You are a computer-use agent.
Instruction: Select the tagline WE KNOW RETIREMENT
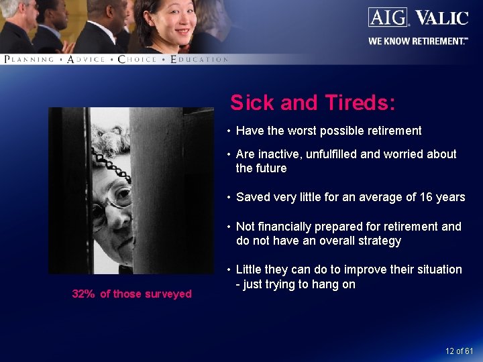[417, 41]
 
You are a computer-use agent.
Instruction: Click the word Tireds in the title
[360, 103]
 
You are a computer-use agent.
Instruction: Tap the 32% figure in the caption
[83, 294]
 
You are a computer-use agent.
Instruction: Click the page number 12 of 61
[459, 351]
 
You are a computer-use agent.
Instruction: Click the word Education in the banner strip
[199, 60]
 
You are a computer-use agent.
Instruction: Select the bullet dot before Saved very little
[229, 197]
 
